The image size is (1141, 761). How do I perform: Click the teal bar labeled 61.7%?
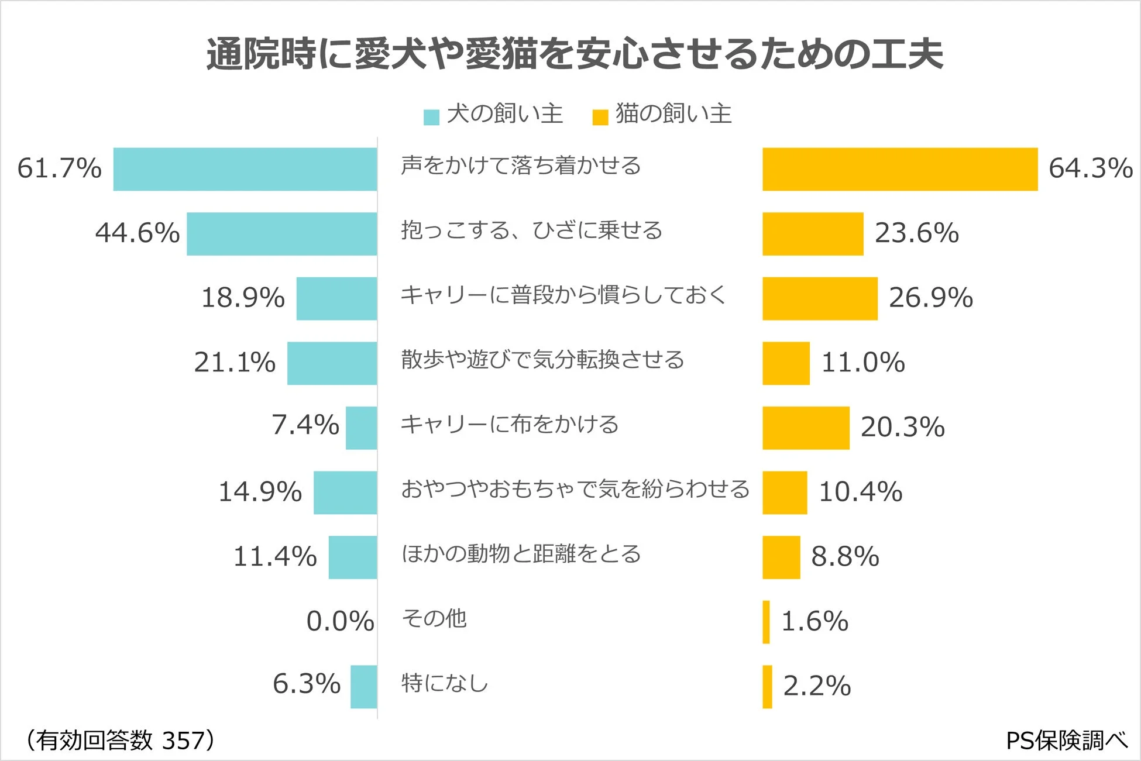coord(245,169)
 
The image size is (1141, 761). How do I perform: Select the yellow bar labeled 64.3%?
coord(899,169)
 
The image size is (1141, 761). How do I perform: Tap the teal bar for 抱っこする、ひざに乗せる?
coord(281,234)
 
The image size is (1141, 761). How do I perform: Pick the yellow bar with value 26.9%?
coord(819,298)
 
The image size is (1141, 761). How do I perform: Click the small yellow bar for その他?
coord(766,622)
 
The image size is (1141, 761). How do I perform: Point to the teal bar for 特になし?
coord(363,687)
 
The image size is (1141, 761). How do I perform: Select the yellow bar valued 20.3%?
coord(805,428)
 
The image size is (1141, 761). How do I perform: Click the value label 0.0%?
coord(340,621)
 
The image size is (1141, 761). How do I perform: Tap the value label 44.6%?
coord(138,233)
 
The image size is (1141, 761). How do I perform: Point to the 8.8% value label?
coord(845,556)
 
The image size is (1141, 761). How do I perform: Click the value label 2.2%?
coord(817,686)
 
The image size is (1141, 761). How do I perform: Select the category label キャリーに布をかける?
coord(509,424)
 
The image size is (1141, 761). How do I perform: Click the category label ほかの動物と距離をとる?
coord(521,553)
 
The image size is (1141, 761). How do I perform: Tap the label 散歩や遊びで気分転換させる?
coord(542,359)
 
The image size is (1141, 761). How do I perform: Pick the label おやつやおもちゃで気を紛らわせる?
coord(575,488)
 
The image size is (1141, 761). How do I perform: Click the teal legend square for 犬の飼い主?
coord(431,117)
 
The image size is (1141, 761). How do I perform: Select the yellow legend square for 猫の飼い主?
coord(600,117)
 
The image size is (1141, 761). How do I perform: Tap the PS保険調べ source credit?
coord(1066,741)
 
